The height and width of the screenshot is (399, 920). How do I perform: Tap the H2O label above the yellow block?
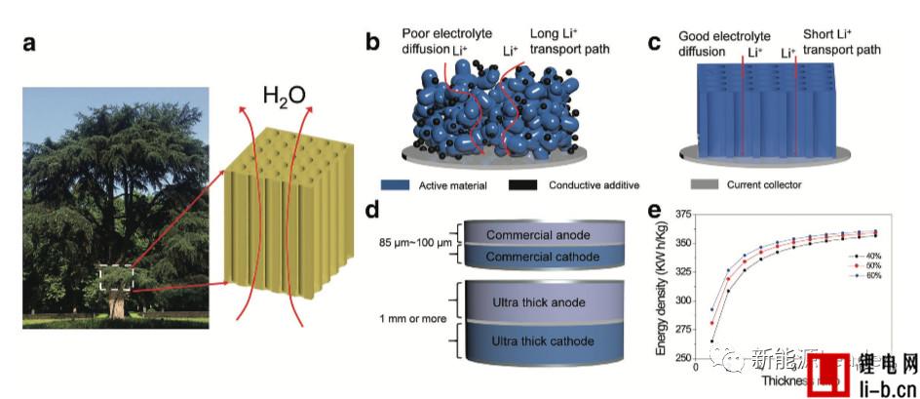pyautogui.click(x=284, y=94)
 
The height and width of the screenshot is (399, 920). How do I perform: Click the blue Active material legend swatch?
pyautogui.click(x=395, y=183)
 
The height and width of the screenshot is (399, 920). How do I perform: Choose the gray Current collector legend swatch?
pyautogui.click(x=705, y=183)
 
